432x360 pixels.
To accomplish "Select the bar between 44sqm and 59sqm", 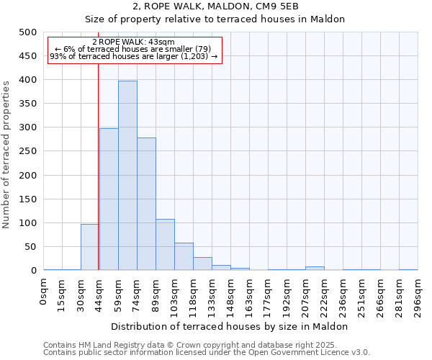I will click(x=109, y=199).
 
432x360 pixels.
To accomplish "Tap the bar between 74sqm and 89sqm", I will click(x=146, y=204).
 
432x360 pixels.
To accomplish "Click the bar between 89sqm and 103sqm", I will click(x=165, y=245).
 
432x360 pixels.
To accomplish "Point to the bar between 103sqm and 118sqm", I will click(x=184, y=256).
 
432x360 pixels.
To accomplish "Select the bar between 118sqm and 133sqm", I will click(x=202, y=264).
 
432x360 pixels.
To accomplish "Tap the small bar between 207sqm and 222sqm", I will click(x=315, y=268).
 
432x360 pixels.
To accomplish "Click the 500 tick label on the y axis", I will click(x=27, y=32).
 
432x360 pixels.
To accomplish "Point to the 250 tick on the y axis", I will click(x=27, y=151).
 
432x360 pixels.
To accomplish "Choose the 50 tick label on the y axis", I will click(x=30, y=246).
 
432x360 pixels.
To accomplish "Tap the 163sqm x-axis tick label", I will click(x=250, y=295).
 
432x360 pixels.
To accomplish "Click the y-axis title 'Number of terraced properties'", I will click(x=6, y=154).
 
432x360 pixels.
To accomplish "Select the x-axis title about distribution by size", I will click(x=230, y=326).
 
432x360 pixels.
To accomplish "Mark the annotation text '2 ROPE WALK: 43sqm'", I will click(x=133, y=42).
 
